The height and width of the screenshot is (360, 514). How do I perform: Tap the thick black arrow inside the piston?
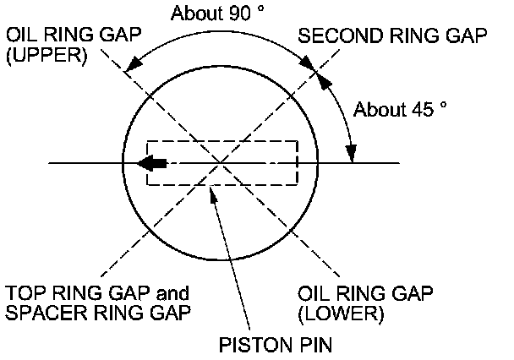(152, 162)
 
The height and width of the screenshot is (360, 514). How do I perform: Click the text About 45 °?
(399, 108)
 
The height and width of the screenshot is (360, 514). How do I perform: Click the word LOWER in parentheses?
(342, 314)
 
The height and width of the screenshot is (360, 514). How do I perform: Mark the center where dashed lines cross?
(221, 162)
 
